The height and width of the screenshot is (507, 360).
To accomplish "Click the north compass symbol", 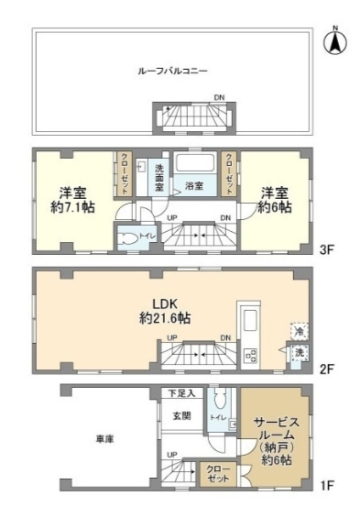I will [336, 41].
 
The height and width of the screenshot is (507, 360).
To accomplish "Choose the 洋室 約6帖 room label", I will [275, 201].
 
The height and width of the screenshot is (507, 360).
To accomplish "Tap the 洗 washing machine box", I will [297, 353].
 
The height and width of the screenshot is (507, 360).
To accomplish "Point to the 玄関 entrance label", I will [180, 416].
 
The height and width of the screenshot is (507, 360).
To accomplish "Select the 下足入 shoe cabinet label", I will [181, 393].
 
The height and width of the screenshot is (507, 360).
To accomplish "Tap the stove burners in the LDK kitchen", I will [250, 354].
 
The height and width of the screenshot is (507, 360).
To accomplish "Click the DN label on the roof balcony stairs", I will [218, 97].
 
